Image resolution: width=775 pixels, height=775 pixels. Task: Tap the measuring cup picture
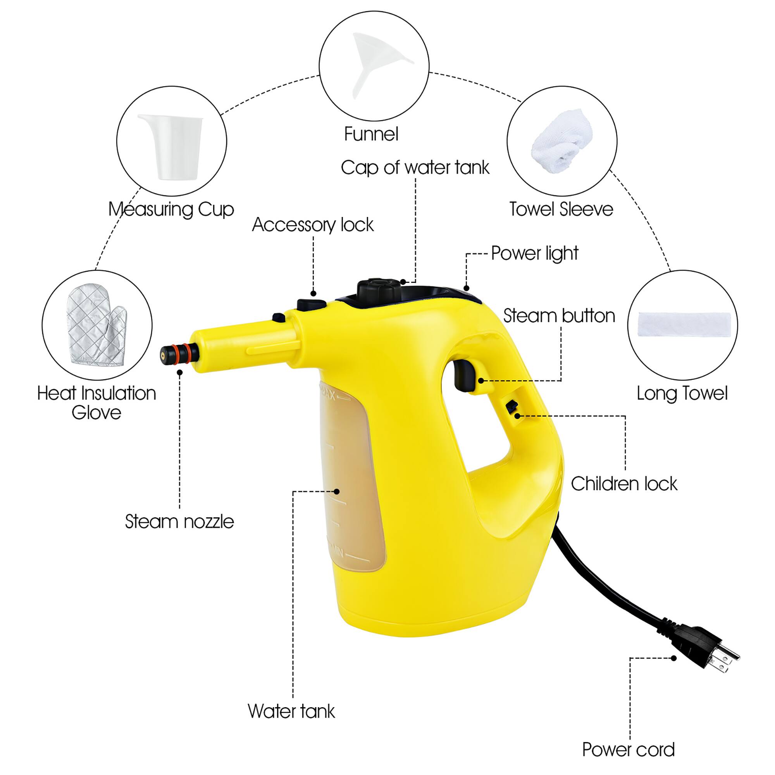click(172, 146)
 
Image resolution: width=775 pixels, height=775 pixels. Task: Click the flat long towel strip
click(687, 324)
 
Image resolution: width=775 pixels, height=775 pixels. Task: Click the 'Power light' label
click(535, 253)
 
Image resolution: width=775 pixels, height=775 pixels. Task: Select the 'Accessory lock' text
click(312, 225)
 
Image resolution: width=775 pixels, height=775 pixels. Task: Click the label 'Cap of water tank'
click(415, 168)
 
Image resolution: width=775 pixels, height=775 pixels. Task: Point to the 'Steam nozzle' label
click(179, 522)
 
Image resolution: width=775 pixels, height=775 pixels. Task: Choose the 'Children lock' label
click(624, 484)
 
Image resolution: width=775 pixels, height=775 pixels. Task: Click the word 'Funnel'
click(371, 134)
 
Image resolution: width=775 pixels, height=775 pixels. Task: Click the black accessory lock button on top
click(311, 305)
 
